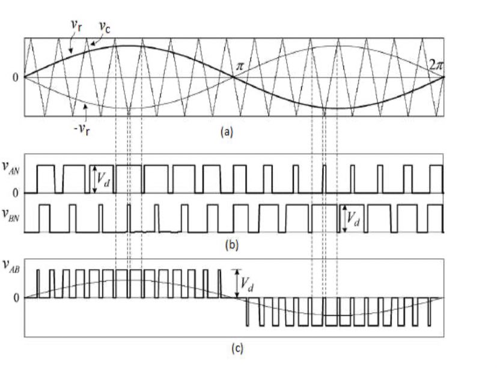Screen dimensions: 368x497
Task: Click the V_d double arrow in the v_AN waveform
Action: pyautogui.click(x=94, y=179)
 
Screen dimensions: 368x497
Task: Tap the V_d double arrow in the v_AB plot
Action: pyautogui.click(x=237, y=283)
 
